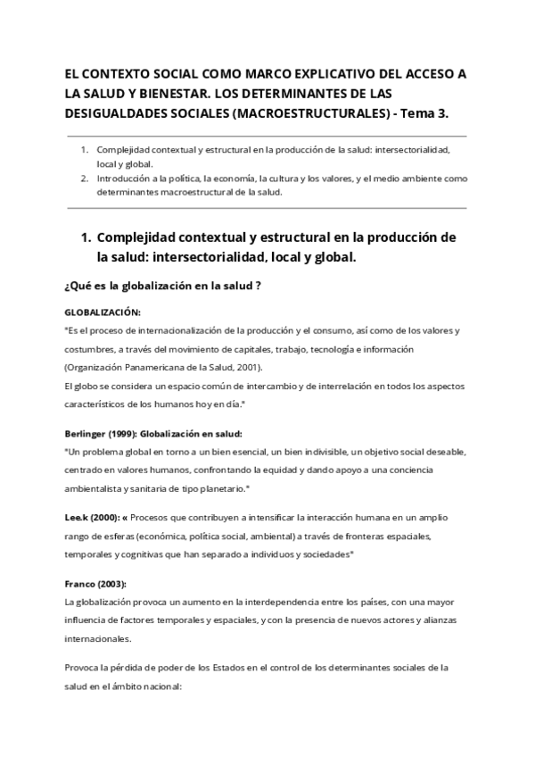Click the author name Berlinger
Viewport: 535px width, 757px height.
point(89,433)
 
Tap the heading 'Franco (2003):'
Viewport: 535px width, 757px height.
point(95,584)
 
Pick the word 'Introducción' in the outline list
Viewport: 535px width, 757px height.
point(126,179)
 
